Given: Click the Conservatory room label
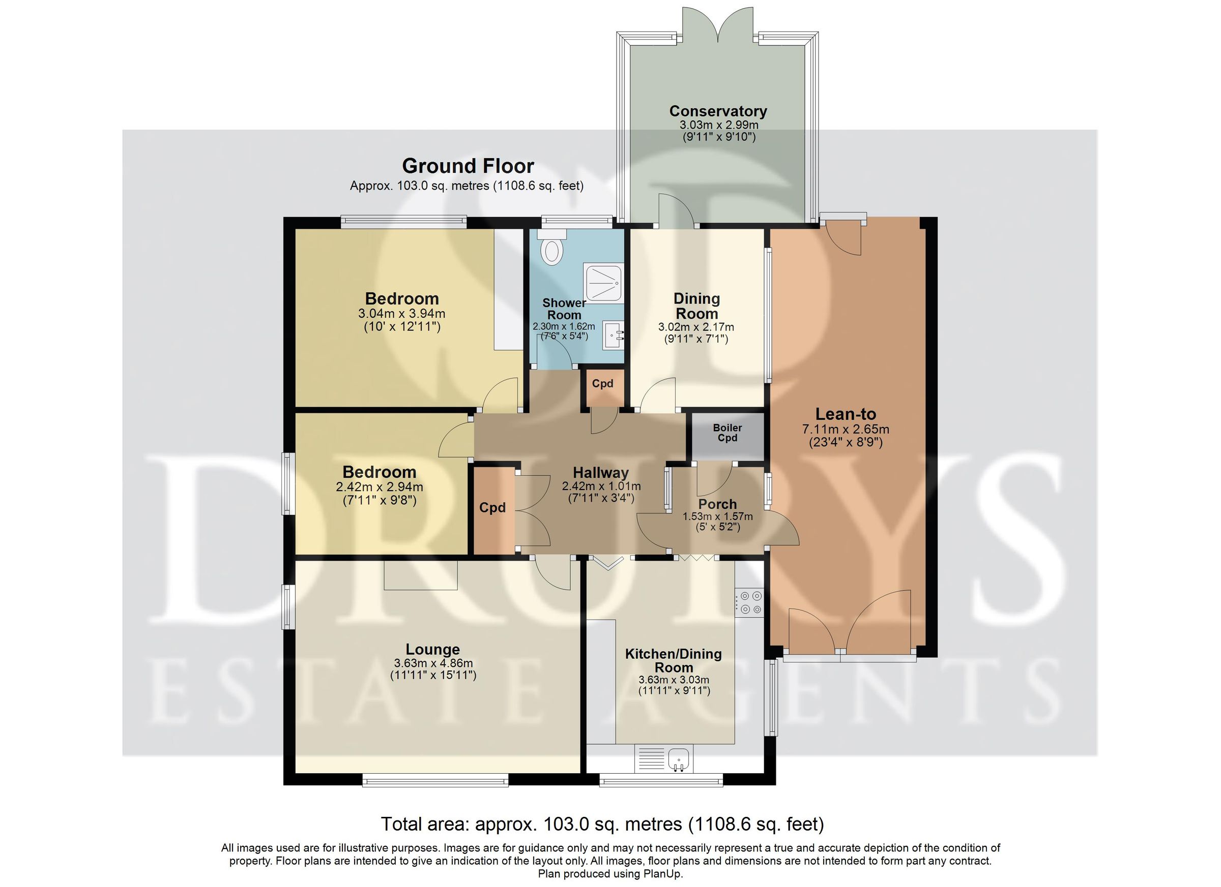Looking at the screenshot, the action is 718,111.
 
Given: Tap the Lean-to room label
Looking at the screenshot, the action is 846,414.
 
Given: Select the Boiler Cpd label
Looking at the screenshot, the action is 728,433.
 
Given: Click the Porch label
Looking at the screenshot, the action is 718,504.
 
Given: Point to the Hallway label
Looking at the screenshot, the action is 601,472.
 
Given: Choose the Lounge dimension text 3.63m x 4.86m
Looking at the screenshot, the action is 433,663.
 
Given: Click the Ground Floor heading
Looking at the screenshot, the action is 468,166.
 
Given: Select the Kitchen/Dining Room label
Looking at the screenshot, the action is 674,660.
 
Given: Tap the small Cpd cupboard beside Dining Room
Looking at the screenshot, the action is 602,387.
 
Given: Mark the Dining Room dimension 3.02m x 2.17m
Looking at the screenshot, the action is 696,326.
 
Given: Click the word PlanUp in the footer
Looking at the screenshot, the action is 663,874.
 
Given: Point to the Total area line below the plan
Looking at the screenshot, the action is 602,823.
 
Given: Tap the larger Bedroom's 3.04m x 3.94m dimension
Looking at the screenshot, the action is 401,313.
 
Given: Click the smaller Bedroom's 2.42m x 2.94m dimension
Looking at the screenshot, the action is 380,487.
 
